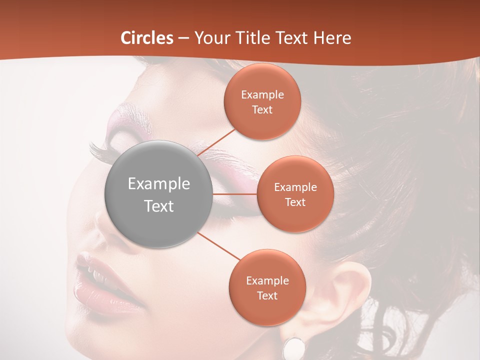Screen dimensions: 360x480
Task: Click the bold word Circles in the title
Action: (147, 38)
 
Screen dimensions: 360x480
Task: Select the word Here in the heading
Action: (332, 38)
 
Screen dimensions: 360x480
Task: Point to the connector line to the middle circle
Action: (235, 194)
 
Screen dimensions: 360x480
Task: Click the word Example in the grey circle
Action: (159, 184)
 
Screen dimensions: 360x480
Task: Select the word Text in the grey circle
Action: (159, 206)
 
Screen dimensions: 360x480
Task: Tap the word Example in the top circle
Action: (262, 94)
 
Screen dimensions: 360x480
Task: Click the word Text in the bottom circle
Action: (267, 295)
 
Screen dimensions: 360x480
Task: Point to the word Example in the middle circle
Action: (295, 187)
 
